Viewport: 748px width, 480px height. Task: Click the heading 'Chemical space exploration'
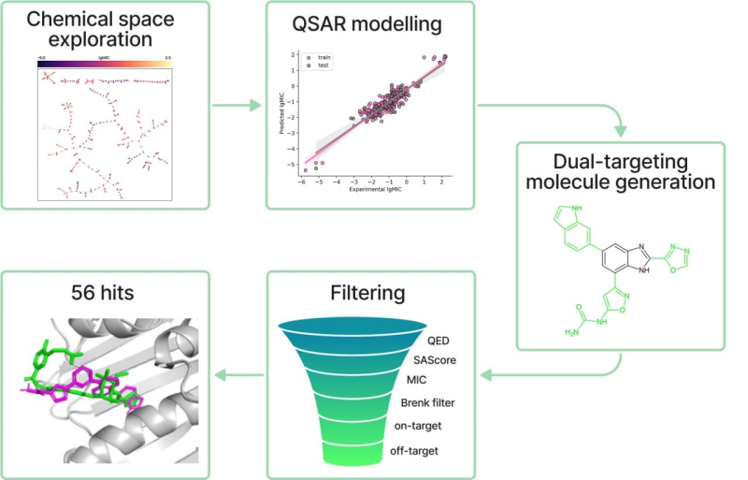(98, 29)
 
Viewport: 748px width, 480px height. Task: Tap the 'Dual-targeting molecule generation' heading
(621, 168)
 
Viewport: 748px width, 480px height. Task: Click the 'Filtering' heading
(367, 293)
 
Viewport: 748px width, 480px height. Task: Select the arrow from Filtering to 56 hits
(237, 376)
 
